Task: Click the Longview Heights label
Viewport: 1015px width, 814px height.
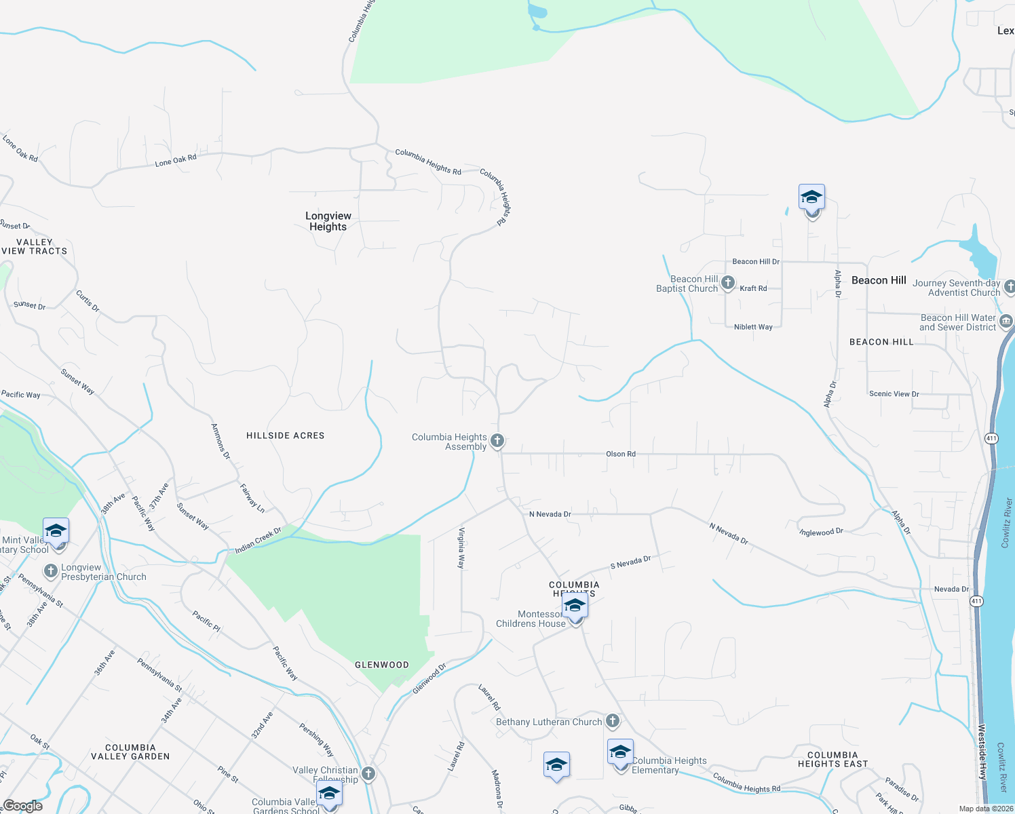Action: (x=328, y=221)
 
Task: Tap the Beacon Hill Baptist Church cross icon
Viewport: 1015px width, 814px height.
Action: (x=728, y=283)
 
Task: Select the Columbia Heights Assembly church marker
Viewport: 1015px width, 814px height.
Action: (x=497, y=441)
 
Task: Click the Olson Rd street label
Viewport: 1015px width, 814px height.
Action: (x=621, y=454)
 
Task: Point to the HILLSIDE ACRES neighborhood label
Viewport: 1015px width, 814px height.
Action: (x=286, y=435)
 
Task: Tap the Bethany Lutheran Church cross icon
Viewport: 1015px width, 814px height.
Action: (x=613, y=721)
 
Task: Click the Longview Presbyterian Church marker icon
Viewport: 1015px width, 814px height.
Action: (x=51, y=571)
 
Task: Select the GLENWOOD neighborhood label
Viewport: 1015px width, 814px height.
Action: (x=382, y=665)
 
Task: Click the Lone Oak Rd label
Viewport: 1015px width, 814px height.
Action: (x=176, y=160)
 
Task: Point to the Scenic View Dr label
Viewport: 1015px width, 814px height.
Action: (x=894, y=393)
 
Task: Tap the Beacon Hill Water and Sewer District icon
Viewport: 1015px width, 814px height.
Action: (x=1006, y=321)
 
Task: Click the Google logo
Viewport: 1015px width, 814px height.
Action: (x=23, y=806)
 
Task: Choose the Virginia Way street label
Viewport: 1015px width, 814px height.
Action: (x=462, y=548)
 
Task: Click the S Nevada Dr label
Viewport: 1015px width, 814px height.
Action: (x=630, y=562)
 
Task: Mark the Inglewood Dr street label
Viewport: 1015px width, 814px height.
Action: (x=822, y=532)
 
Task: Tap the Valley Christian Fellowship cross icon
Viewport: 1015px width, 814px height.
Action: (x=368, y=773)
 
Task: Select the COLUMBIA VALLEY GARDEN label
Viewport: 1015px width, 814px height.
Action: (x=130, y=752)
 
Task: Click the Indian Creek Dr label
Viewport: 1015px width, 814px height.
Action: (x=258, y=540)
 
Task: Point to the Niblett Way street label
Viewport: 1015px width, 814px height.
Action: (x=753, y=327)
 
